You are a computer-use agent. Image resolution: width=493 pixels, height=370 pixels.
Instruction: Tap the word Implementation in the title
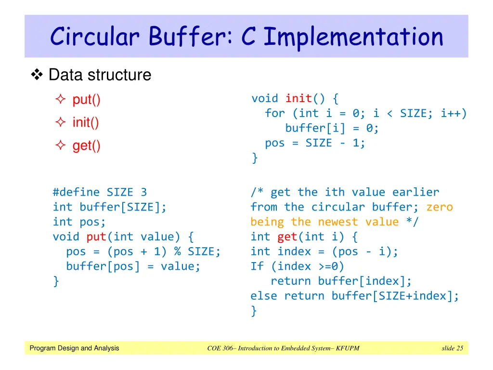click(353, 37)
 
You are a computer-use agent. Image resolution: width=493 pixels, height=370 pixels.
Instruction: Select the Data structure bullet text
click(100, 75)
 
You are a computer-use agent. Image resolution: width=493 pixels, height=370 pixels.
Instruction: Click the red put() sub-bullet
click(86, 100)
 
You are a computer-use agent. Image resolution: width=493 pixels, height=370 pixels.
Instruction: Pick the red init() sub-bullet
click(86, 122)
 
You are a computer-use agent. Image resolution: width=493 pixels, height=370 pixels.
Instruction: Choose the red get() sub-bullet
click(86, 145)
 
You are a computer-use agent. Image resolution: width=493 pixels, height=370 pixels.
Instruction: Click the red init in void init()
click(298, 99)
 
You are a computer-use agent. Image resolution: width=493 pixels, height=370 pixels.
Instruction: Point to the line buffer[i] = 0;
click(332, 128)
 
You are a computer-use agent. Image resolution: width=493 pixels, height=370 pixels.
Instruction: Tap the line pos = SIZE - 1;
click(315, 143)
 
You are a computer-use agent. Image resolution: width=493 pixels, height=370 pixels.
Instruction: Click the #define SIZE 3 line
click(100, 192)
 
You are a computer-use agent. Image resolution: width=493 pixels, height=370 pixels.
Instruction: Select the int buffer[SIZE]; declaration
click(110, 207)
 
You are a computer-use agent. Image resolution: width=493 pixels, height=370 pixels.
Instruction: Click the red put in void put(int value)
click(96, 237)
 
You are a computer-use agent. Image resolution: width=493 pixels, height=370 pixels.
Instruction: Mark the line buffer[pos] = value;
click(133, 266)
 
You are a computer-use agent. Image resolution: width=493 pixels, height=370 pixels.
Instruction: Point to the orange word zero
click(440, 207)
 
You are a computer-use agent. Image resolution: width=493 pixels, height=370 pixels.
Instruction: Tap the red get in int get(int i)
click(287, 237)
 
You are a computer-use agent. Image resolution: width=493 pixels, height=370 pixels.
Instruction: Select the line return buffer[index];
click(341, 281)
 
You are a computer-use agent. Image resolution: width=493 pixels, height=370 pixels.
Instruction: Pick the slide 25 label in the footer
click(452, 348)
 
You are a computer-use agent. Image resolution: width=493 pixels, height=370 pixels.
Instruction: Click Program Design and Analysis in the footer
click(74, 348)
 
